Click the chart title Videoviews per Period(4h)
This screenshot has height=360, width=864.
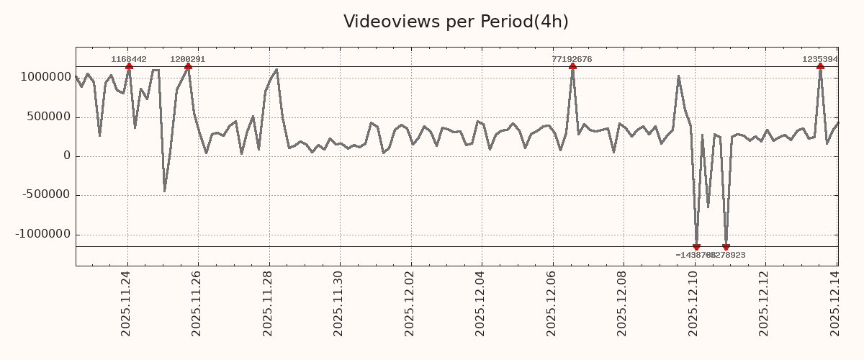pyautogui.click(x=456, y=22)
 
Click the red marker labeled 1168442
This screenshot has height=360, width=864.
pyautogui.click(x=129, y=66)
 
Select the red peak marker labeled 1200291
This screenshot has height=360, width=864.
pyautogui.click(x=188, y=66)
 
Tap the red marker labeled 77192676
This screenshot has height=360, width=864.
pyautogui.click(x=572, y=66)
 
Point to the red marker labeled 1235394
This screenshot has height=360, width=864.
pyautogui.click(x=820, y=66)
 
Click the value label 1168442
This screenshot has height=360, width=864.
pyautogui.click(x=129, y=59)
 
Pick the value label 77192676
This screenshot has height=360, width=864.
pyautogui.click(x=572, y=59)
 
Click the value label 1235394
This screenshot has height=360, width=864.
pyautogui.click(x=820, y=59)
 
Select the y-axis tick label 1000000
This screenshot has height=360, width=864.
pyautogui.click(x=41, y=77)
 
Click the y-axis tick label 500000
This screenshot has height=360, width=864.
pyautogui.click(x=47, y=117)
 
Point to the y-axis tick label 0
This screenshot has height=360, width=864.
pyautogui.click(x=67, y=156)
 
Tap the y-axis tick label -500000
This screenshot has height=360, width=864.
pyautogui.click(x=44, y=195)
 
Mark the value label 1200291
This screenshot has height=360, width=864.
pyautogui.click(x=188, y=59)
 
